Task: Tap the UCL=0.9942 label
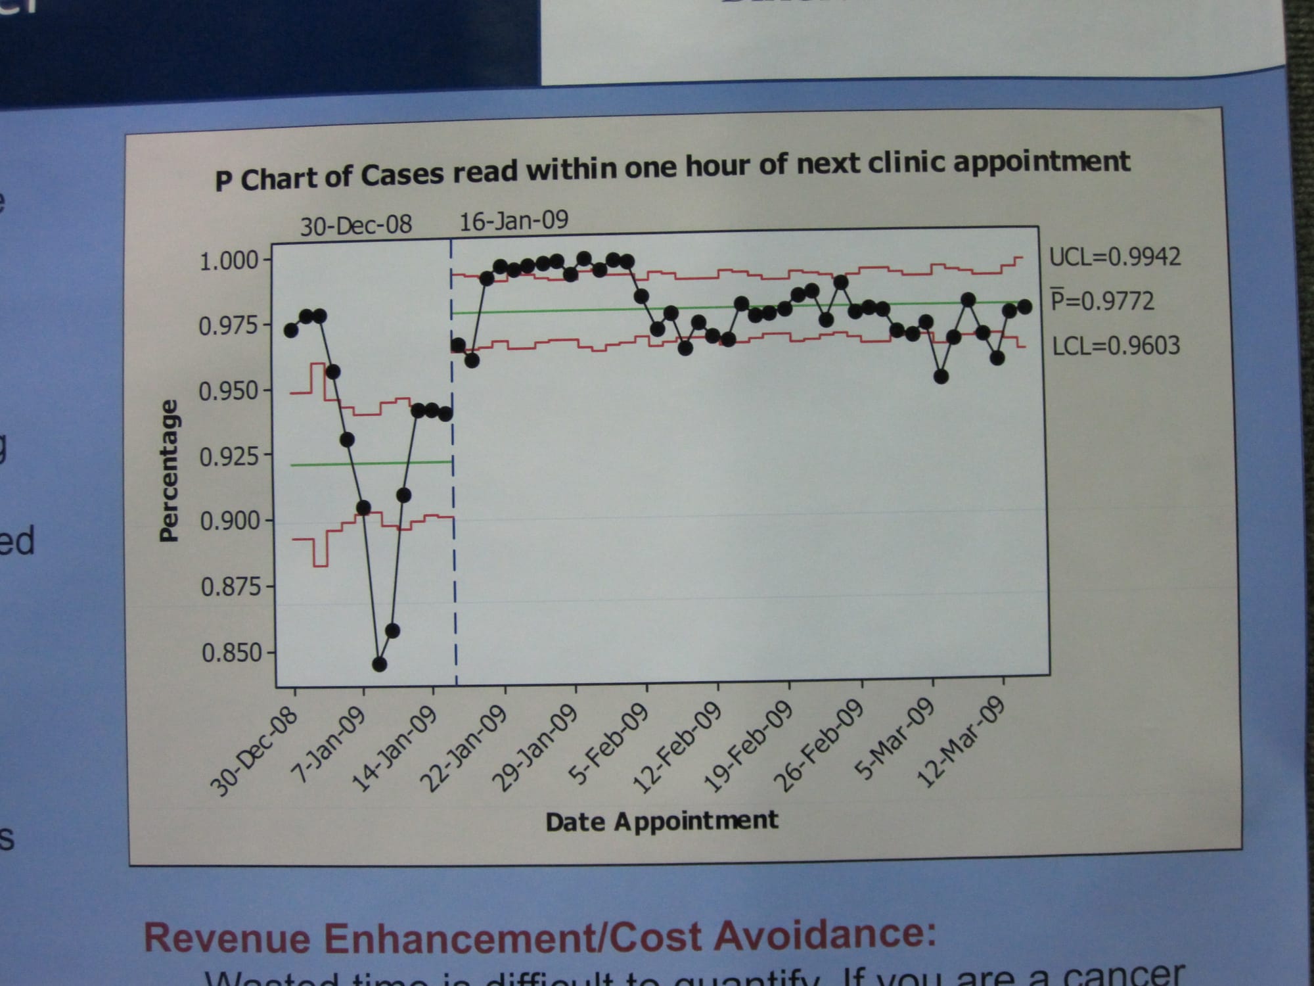pos(1114,256)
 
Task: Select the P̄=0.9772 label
pos(1102,300)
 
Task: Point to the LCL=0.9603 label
pos(1116,345)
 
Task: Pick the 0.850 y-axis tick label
pos(231,653)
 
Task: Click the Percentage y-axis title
pos(169,471)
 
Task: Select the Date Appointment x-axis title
pos(662,821)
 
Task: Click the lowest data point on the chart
pos(379,664)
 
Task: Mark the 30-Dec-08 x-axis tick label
pos(254,752)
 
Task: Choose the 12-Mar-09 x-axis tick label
pos(961,743)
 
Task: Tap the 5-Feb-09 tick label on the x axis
pos(609,743)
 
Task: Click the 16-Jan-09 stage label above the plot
pos(513,221)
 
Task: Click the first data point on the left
pos(291,330)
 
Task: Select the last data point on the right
pos(1024,307)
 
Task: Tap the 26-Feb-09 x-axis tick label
pos(819,746)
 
